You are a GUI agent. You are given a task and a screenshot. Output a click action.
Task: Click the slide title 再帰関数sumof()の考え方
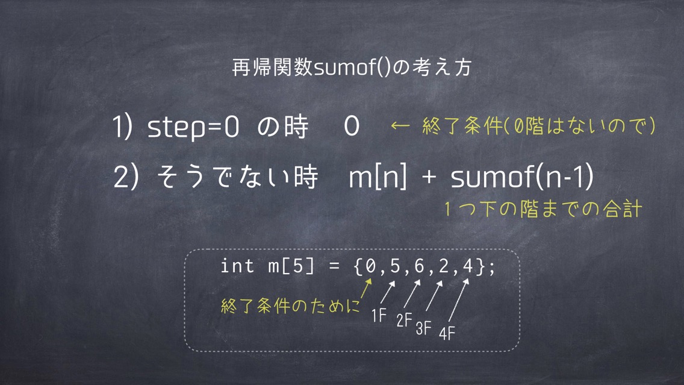click(x=352, y=67)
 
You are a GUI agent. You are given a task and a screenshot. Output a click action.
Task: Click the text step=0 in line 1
click(x=193, y=127)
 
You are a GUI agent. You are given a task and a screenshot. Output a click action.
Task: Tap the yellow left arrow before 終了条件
click(x=400, y=126)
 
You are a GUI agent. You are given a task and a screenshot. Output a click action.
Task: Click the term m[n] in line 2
click(x=378, y=177)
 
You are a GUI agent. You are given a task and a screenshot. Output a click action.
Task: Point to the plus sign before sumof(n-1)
click(x=429, y=177)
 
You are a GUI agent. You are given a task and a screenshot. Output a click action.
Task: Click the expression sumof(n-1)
click(x=522, y=177)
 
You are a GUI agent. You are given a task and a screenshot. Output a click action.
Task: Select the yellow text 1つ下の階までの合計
click(x=543, y=209)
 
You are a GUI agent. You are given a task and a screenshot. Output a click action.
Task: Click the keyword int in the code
click(x=237, y=266)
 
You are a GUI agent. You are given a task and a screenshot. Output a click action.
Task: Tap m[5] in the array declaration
click(x=291, y=266)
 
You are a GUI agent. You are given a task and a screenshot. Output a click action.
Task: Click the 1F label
click(x=379, y=315)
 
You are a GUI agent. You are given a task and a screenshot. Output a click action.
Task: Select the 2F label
click(x=404, y=320)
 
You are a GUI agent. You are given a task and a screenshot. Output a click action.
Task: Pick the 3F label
click(x=423, y=328)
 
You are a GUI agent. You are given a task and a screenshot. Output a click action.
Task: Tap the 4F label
click(x=447, y=334)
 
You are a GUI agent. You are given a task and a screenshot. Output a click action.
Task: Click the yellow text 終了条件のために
click(x=290, y=305)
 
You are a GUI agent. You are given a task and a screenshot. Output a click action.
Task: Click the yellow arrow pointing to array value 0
click(x=365, y=289)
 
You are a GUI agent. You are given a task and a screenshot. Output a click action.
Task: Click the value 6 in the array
click(x=419, y=265)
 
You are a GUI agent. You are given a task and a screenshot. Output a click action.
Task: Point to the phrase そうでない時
click(x=237, y=177)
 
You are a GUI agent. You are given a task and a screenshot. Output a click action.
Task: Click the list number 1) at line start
click(x=123, y=127)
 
